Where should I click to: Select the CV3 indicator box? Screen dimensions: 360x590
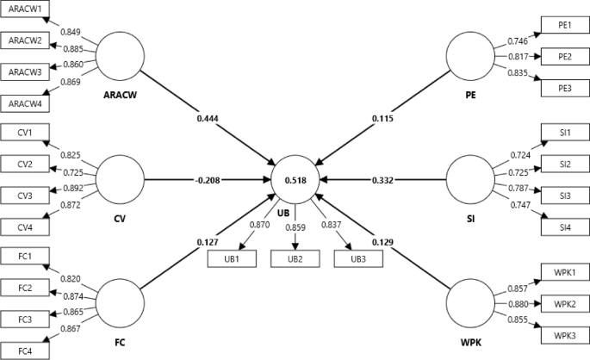point(26,196)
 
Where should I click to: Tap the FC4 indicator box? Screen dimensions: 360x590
point(26,350)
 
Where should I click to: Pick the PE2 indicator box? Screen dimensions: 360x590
point(565,56)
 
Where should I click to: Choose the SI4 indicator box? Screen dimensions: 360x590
point(565,227)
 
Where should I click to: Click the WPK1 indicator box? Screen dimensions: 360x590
point(565,273)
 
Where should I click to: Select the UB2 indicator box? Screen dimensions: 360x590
point(295,258)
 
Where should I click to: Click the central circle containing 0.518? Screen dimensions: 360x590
point(295,180)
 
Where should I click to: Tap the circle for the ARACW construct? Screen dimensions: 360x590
point(121,57)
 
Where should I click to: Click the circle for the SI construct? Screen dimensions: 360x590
point(470,180)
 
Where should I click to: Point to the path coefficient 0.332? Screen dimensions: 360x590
point(383,180)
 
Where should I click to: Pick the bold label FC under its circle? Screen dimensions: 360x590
point(120,343)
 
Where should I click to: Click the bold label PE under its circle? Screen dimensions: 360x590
point(471,96)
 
